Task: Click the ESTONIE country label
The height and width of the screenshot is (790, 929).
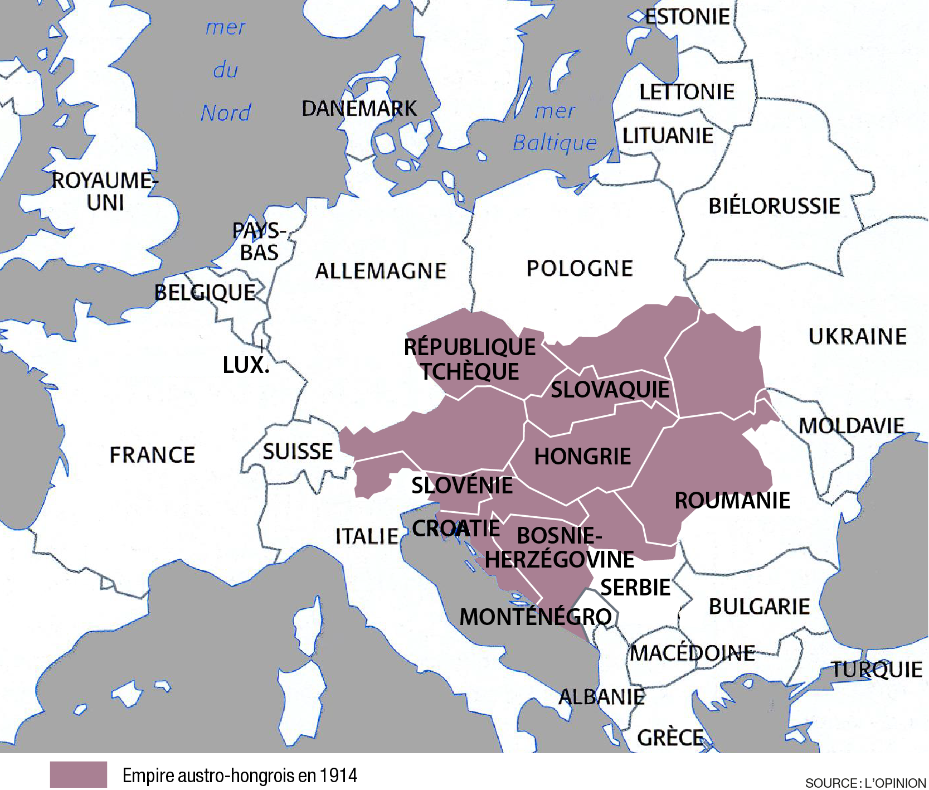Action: pos(687,17)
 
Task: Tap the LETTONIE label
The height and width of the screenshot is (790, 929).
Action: pos(687,92)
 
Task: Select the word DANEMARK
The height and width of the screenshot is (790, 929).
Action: pos(359,109)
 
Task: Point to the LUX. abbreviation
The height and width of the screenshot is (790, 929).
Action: pos(246,366)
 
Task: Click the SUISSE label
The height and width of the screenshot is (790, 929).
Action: pos(298,452)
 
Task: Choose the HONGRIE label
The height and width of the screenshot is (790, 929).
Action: pos(582,457)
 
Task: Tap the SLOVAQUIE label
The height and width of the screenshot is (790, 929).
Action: pos(610,390)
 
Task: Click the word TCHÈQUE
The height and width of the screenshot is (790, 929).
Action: pos(470,372)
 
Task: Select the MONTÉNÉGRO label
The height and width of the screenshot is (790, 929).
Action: pos(535,617)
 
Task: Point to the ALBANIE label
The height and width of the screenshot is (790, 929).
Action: pos(601,697)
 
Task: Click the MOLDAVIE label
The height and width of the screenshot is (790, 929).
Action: pos(851,426)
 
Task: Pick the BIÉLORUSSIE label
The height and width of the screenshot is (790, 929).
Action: pos(774,206)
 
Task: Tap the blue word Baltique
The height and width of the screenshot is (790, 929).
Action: pos(555,143)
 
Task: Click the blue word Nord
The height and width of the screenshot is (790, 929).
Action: pos(226,113)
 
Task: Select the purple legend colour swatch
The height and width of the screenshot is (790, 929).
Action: pos(78,775)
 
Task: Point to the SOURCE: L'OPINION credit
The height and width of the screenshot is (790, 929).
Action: pos(865,783)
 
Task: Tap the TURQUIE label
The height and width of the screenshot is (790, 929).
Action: pos(876,670)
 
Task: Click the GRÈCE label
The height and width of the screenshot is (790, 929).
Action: pos(670,738)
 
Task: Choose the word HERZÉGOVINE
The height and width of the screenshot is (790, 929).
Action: pos(560,560)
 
